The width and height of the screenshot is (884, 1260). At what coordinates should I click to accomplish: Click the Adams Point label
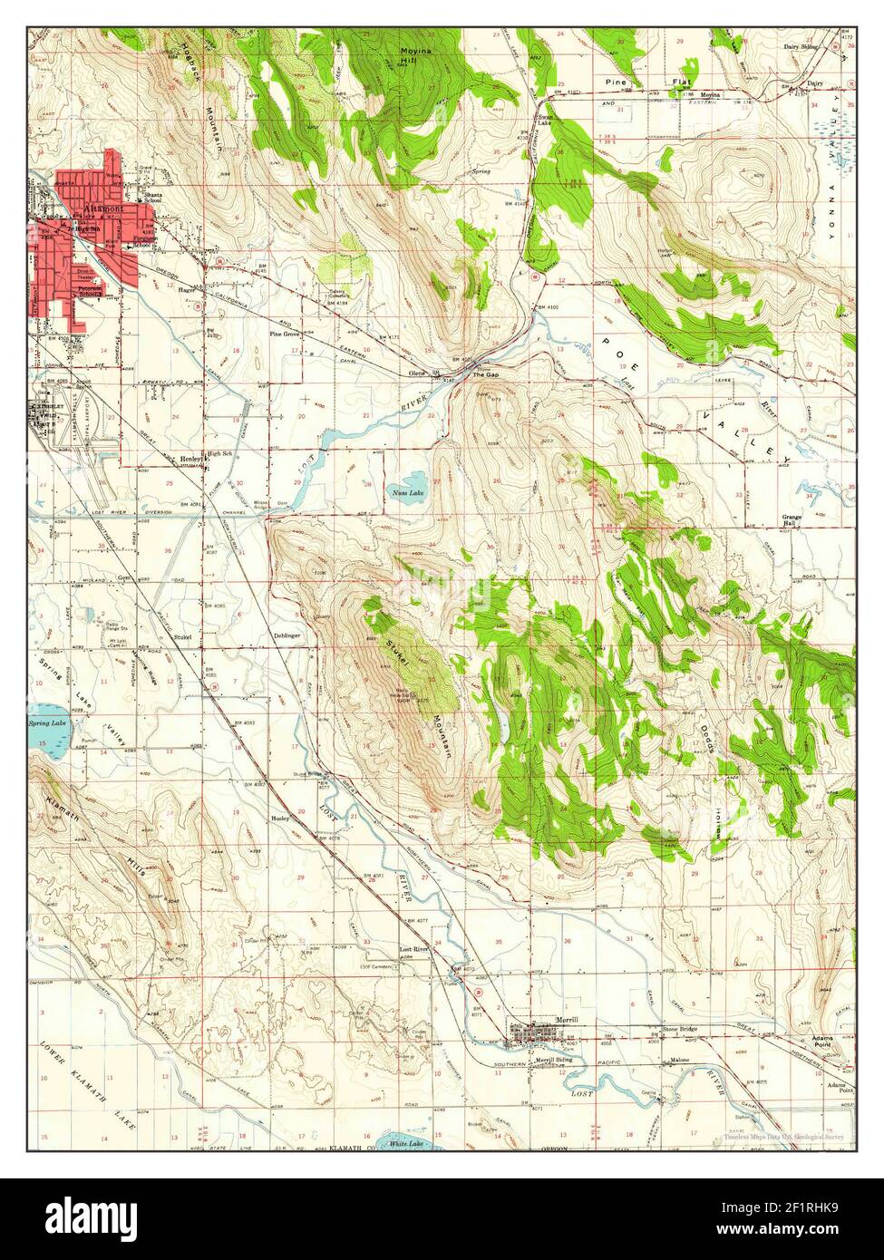coord(822,1041)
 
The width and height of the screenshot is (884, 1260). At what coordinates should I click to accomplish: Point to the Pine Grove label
coord(284,334)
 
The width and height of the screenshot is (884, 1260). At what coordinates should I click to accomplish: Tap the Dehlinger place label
coord(287,635)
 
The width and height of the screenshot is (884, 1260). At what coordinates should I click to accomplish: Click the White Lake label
coord(405,1144)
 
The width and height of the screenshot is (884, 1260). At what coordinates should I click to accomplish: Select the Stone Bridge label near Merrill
coord(681,1030)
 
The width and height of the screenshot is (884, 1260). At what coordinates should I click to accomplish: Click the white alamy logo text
coord(93,1215)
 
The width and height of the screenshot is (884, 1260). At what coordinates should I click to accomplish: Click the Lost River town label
coord(413,949)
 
